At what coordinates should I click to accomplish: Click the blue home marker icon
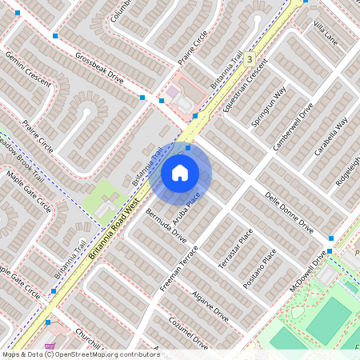(x=180, y=172)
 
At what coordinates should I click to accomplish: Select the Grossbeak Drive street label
(x=99, y=69)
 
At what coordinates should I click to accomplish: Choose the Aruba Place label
(x=188, y=206)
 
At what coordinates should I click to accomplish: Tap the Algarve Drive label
(x=210, y=306)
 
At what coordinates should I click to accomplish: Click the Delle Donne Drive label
(x=288, y=212)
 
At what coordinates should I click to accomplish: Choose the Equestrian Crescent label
(x=245, y=89)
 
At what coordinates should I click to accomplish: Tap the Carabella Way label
(x=331, y=136)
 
